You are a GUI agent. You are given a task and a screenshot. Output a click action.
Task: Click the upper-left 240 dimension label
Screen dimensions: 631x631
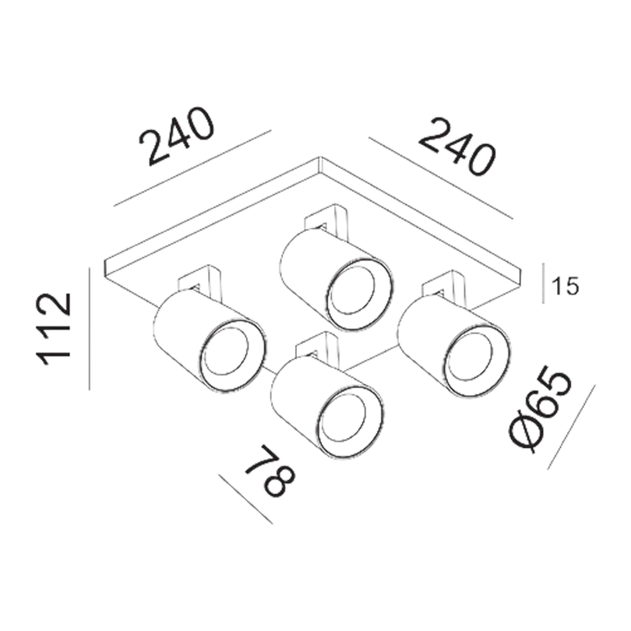click(176, 137)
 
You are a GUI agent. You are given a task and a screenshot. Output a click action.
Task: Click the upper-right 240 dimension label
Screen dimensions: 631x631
click(457, 146)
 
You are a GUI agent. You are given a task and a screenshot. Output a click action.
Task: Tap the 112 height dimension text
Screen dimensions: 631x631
click(54, 330)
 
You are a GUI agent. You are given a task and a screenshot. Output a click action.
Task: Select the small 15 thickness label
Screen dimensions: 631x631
click(565, 286)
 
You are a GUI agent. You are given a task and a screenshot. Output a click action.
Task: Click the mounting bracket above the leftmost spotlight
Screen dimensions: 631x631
click(200, 282)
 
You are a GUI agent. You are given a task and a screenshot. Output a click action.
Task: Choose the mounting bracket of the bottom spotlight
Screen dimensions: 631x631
click(318, 348)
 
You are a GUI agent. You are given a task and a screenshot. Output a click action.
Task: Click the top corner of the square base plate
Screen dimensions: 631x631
click(321, 157)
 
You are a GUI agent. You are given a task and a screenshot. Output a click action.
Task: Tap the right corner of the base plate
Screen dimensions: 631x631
click(521, 271)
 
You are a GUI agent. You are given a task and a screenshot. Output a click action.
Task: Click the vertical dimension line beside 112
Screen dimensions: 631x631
click(90, 330)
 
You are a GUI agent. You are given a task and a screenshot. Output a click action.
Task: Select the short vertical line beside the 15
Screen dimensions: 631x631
click(543, 284)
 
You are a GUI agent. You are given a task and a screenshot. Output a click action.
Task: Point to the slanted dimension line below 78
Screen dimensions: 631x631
click(245, 499)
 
